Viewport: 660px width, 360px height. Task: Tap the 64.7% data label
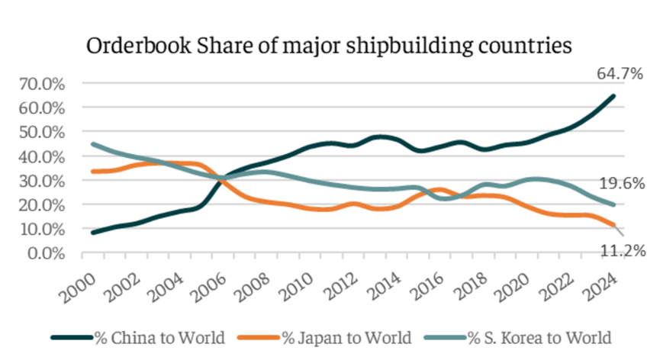click(620, 75)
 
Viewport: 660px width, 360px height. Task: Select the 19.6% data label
click(620, 183)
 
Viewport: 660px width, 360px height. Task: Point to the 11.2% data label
click(620, 249)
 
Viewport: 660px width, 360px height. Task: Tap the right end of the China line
click(613, 96)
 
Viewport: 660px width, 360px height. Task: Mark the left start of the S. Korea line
click(92, 144)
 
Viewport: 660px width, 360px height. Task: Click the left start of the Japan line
click(92, 172)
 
